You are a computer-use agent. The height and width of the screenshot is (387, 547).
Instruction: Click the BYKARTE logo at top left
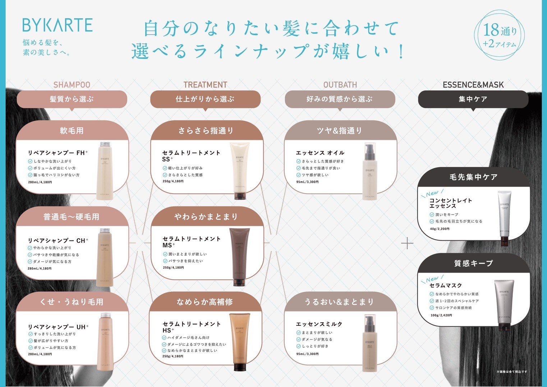[58, 25]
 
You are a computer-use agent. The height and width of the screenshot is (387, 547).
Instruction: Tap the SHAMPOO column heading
[72, 85]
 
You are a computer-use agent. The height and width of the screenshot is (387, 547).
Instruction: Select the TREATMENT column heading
[205, 85]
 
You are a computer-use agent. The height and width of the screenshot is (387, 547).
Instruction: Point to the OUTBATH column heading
[340, 85]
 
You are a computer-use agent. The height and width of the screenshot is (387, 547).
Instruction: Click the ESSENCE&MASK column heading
[473, 85]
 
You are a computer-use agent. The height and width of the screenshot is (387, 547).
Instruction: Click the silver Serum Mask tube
[504, 305]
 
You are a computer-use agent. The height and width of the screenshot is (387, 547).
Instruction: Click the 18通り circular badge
[500, 35]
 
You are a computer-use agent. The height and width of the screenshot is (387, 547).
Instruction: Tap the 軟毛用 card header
[72, 131]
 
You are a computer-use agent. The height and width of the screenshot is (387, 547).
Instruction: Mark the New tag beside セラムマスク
[432, 279]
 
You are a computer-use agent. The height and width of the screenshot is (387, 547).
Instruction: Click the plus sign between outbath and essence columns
[407, 243]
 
